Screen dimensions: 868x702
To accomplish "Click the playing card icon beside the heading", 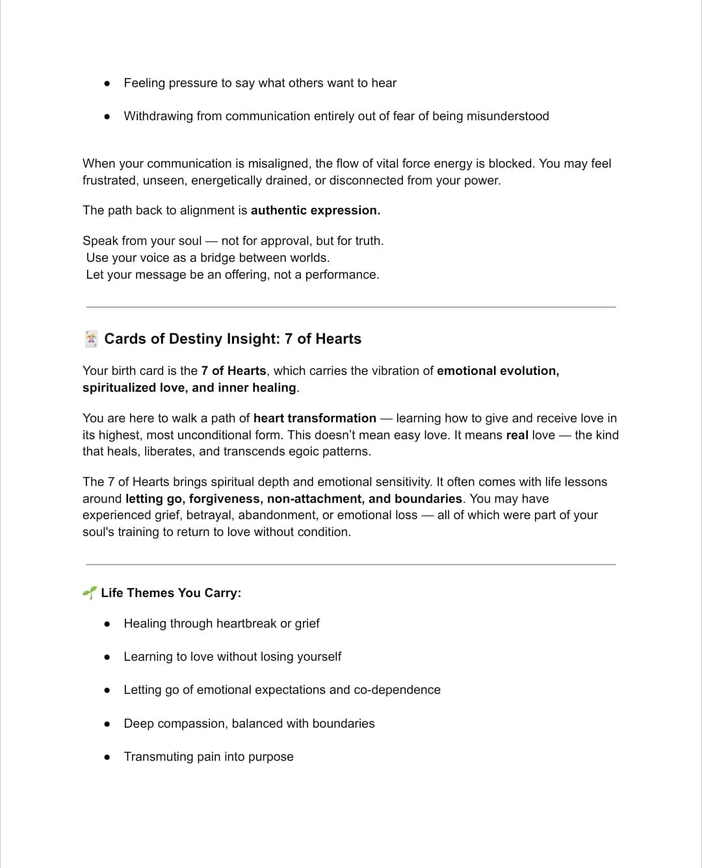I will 92,338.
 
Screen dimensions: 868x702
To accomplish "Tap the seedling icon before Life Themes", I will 89,593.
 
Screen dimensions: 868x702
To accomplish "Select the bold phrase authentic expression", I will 315,210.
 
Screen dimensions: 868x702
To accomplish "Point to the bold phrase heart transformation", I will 315,418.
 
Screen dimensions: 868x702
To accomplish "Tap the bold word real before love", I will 517,435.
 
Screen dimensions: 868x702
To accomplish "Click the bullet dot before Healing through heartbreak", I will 107,624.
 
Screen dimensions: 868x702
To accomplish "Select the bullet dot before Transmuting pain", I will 107,757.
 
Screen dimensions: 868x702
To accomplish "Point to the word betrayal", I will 208,515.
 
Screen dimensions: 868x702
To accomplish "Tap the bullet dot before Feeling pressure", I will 107,83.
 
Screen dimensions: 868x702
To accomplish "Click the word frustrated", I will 109,180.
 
